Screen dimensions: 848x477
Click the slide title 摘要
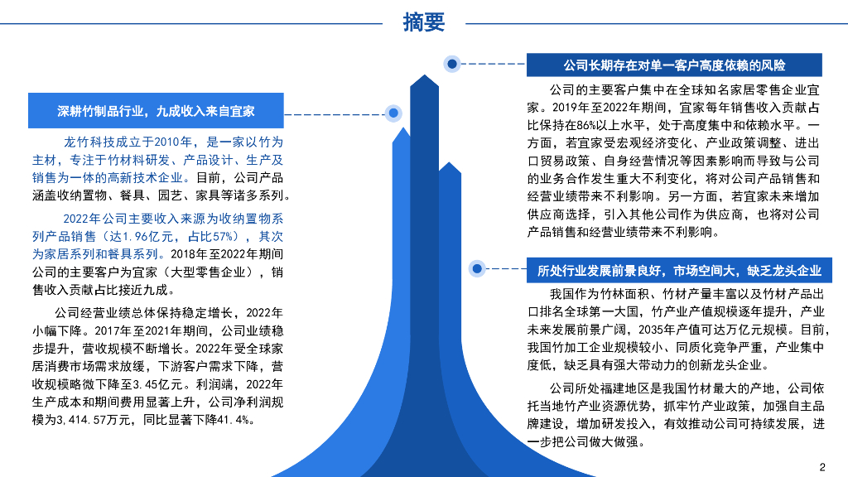coord(424,22)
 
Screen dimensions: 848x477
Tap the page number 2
coord(822,465)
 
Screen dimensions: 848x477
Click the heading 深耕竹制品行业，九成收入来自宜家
coord(156,110)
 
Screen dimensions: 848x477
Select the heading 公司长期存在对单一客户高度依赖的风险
coord(673,65)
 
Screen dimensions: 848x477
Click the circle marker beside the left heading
coord(393,113)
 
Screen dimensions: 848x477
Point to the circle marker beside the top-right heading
coord(452,63)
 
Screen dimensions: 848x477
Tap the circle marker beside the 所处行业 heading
coord(476,268)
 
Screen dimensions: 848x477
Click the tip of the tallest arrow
coord(424,77)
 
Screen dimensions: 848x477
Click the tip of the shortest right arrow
coord(449,164)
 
